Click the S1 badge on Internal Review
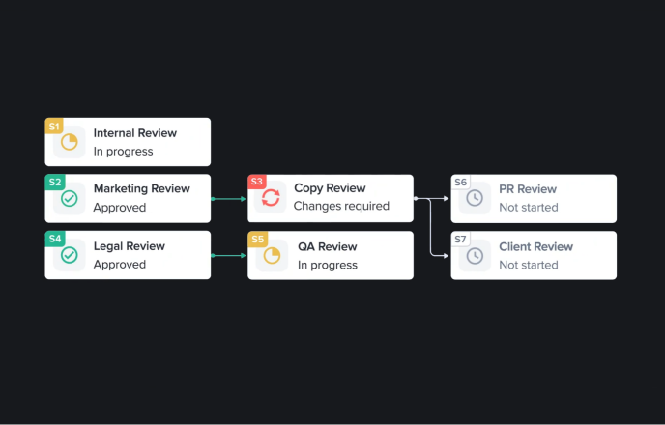(x=54, y=126)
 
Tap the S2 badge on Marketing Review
(x=55, y=182)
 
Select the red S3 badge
(x=257, y=182)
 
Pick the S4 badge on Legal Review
(x=55, y=239)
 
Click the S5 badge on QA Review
(x=257, y=239)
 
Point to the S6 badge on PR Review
(x=460, y=183)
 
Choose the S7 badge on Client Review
(x=460, y=239)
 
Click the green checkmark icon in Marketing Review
(x=70, y=199)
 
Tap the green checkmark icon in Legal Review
(x=70, y=256)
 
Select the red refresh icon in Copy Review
(x=272, y=199)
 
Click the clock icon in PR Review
(x=475, y=199)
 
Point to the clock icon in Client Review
(x=475, y=256)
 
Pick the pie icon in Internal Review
(x=70, y=143)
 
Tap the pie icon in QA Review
(x=272, y=256)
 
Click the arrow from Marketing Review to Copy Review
(x=229, y=199)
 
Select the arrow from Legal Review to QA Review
(x=229, y=256)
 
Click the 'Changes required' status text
(x=341, y=207)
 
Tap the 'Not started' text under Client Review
(x=528, y=265)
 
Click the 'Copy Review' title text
(x=331, y=189)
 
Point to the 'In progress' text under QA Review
(x=327, y=265)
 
